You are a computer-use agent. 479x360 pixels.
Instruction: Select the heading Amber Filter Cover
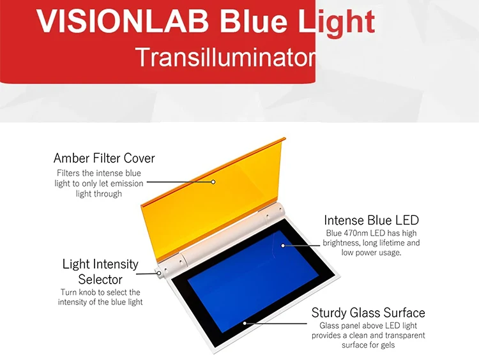104,158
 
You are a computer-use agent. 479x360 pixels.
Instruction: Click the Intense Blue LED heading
371,221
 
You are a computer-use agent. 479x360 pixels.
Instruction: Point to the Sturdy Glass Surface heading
368,313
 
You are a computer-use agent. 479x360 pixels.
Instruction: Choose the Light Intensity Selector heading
100,271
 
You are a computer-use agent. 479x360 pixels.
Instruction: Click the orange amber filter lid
211,185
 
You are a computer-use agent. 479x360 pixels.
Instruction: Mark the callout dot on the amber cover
214,181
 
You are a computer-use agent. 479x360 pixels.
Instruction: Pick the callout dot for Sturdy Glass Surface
245,323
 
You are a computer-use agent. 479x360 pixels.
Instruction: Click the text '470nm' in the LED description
353,234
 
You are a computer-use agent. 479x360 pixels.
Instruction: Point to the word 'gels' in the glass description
386,345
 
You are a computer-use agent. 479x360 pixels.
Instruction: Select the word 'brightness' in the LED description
345,243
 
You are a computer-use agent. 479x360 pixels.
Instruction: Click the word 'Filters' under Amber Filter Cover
69,173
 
